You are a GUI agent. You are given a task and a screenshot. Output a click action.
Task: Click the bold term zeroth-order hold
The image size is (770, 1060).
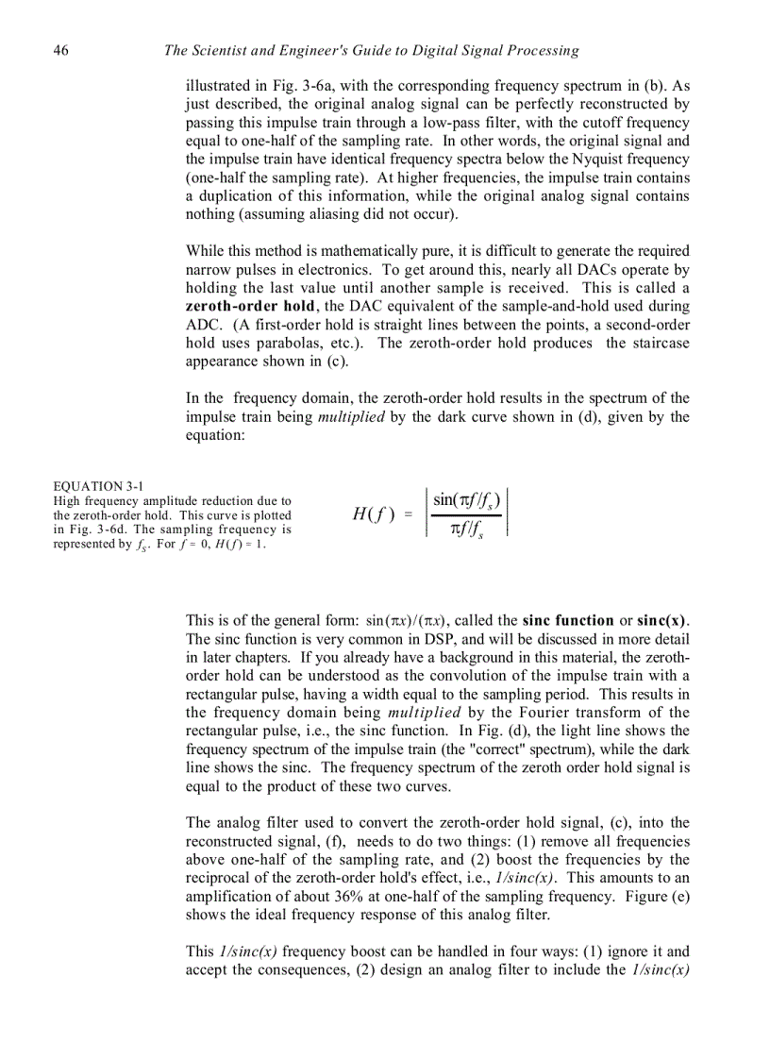click(251, 307)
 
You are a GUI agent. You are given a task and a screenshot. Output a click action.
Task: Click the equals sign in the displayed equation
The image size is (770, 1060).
click(409, 514)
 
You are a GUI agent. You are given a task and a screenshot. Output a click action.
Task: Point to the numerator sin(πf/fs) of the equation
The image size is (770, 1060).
click(466, 501)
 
